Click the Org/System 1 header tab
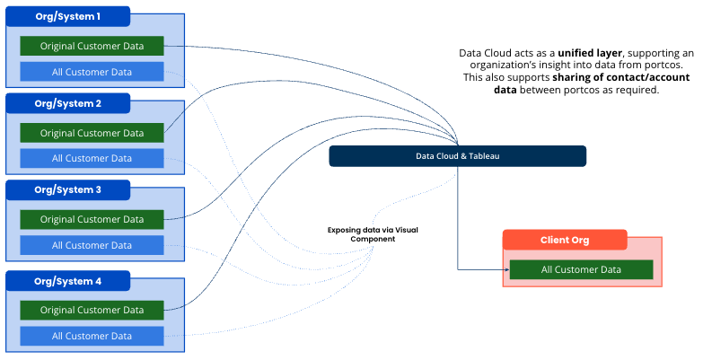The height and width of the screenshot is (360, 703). coord(68,16)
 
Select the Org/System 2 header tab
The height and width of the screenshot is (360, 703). coord(68,103)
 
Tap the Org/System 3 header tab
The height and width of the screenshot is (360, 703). coord(68,190)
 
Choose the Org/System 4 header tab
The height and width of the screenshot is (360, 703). coord(68,281)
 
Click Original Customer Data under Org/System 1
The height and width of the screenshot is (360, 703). coord(92,46)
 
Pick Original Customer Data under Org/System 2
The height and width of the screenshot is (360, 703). coord(92,133)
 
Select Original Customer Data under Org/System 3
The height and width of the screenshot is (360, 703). coord(92,219)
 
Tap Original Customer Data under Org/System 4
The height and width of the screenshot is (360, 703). coord(92,310)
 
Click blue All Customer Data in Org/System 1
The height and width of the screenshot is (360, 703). coord(92,72)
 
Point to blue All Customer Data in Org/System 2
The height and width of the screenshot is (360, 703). coord(92,159)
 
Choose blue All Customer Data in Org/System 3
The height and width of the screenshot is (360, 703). coord(92,245)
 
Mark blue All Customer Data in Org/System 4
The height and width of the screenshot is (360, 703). coord(92,336)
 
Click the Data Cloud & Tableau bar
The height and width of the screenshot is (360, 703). coord(457,156)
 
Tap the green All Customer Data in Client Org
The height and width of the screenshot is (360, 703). coord(581,269)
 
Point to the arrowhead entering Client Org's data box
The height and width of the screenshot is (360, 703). coord(505,269)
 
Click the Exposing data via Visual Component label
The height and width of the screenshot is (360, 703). coord(372,234)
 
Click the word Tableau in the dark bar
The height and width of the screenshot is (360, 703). coord(482,156)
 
